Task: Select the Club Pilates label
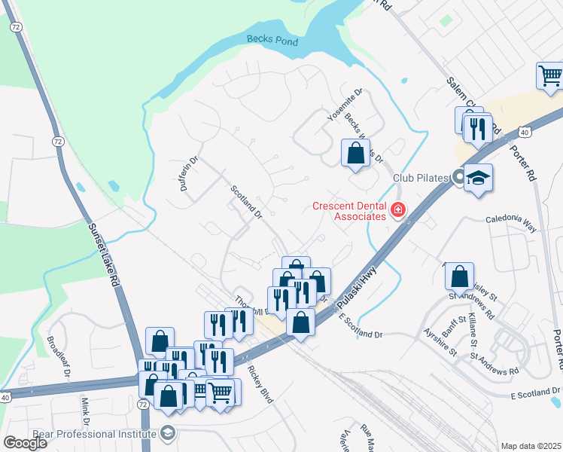[x=421, y=178]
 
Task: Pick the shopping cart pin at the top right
[x=550, y=75]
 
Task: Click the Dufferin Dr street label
[x=188, y=173]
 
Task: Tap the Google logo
[x=26, y=443]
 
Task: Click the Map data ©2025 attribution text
[x=531, y=446]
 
